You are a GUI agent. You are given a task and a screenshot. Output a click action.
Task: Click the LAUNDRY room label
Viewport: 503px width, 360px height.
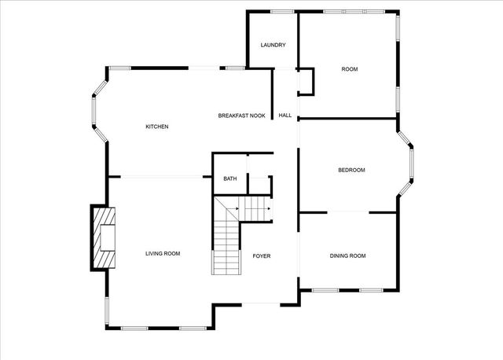click(273, 45)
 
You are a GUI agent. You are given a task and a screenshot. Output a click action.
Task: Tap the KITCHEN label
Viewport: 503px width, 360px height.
click(157, 127)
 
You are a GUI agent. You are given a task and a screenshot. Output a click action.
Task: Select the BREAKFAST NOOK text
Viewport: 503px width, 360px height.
click(241, 116)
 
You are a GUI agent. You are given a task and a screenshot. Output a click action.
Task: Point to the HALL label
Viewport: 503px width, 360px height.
click(285, 116)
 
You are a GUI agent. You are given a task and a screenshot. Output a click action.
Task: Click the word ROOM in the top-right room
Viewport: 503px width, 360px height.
click(350, 69)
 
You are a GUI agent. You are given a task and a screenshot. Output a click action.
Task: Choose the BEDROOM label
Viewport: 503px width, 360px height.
click(351, 170)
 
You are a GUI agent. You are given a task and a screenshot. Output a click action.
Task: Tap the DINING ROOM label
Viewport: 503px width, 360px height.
click(347, 255)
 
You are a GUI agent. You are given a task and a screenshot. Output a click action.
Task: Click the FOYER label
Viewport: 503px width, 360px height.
click(262, 255)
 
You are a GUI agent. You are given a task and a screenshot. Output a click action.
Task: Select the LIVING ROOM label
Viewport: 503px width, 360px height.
click(163, 253)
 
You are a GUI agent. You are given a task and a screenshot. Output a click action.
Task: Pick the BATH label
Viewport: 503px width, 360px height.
click(229, 178)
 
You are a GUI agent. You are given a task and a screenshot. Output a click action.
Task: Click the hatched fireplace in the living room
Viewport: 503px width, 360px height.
click(104, 238)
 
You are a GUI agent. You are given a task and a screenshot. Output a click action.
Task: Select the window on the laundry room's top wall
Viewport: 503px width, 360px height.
click(282, 11)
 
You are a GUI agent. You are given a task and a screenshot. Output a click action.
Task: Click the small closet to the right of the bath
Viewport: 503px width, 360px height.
click(260, 183)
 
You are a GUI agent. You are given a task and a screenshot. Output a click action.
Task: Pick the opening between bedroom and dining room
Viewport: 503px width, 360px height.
click(347, 211)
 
